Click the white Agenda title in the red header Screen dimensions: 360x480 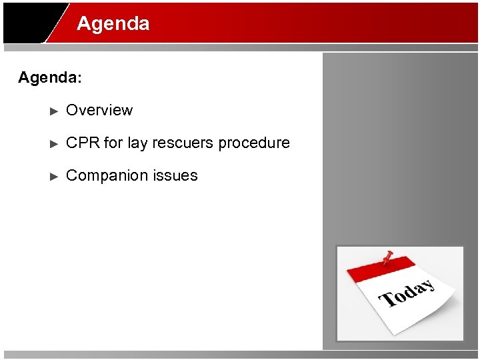pyautogui.click(x=113, y=24)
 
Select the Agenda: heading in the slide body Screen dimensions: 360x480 pyautogui.click(x=50, y=78)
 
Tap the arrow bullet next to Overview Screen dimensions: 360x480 pyautogui.click(x=55, y=111)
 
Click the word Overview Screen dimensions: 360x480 pyautogui.click(x=99, y=111)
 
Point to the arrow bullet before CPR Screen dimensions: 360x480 pyautogui.click(x=55, y=143)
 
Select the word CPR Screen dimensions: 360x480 pyautogui.click(x=83, y=143)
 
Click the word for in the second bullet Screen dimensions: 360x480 pyautogui.click(x=113, y=143)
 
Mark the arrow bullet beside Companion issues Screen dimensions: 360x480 pyautogui.click(x=55, y=176)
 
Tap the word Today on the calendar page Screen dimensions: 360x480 pyautogui.click(x=407, y=294)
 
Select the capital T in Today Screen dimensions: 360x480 pyautogui.click(x=386, y=301)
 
